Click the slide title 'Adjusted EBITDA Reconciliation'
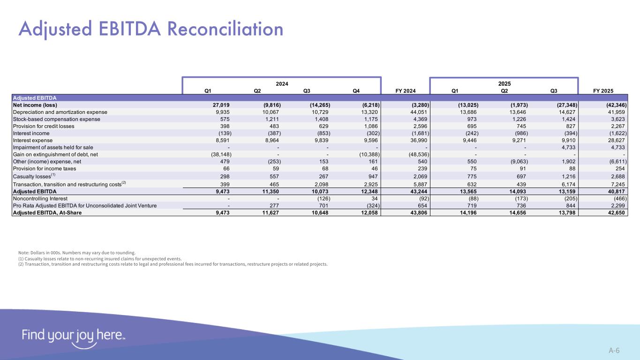click(x=151, y=29)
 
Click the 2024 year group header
click(x=281, y=83)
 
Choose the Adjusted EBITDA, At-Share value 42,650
click(x=614, y=213)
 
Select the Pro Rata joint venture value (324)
click(x=369, y=206)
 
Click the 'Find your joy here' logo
click(x=73, y=337)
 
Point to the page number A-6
click(x=614, y=350)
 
